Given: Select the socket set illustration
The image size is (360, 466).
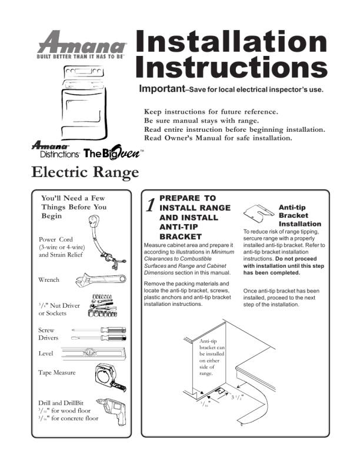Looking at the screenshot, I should click(109, 304).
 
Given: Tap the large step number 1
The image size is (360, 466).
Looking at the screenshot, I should click(151, 206).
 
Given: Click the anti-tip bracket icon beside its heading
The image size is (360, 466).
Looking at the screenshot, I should click(259, 212).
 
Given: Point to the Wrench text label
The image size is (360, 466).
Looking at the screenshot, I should click(49, 280).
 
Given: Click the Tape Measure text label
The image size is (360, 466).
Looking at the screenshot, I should click(56, 372).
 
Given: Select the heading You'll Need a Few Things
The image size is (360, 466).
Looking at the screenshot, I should click(74, 207).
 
